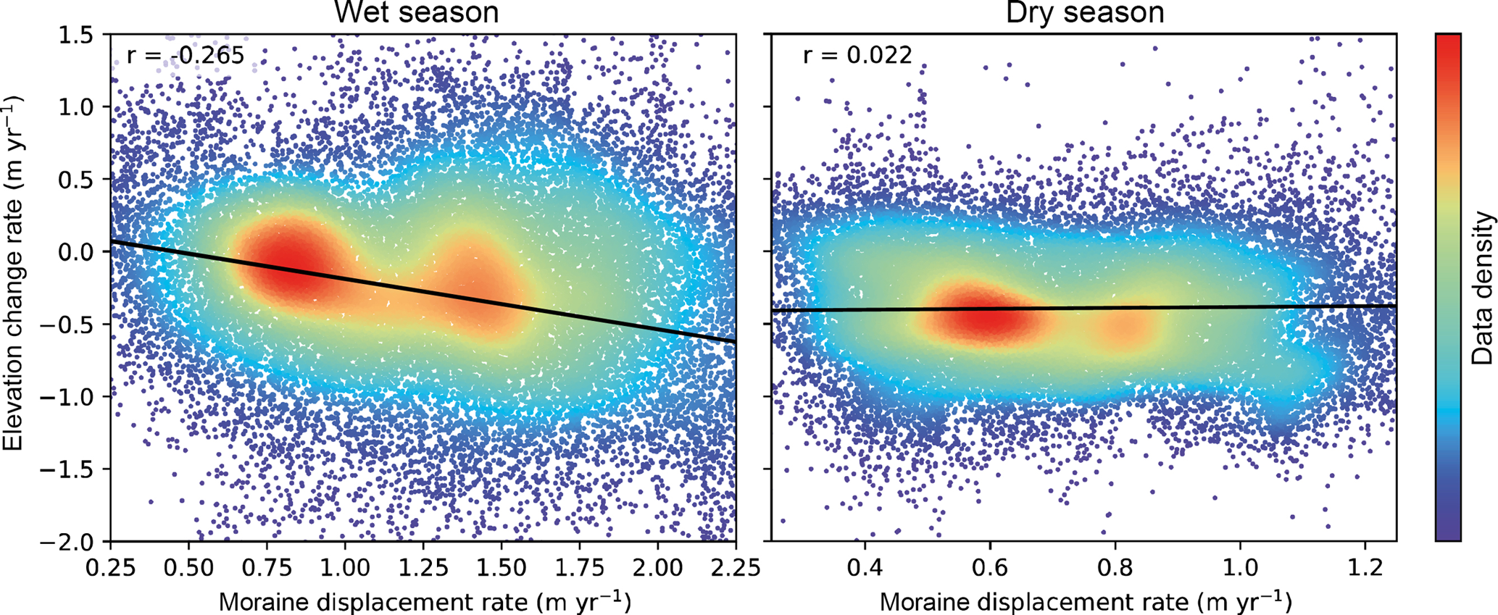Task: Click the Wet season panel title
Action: pos(416,12)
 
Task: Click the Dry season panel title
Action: pos(1084,12)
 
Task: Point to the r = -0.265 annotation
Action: pos(185,56)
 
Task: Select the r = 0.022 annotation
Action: pos(857,56)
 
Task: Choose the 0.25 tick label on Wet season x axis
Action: pos(111,566)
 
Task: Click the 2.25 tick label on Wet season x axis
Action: pos(736,566)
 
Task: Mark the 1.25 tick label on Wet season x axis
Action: pos(424,566)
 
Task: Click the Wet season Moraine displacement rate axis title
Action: pos(424,601)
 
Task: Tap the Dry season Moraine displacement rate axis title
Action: pos(1085,601)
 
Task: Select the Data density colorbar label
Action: pos(1484,288)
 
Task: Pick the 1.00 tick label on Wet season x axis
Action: pos(346,566)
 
